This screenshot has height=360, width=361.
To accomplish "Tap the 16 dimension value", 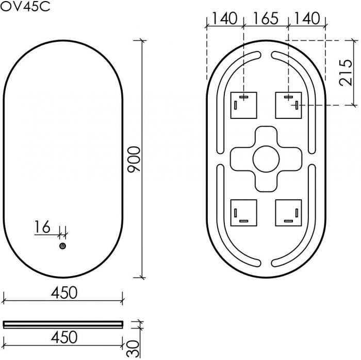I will click(x=43, y=227).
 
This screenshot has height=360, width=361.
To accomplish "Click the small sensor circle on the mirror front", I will click(x=62, y=247).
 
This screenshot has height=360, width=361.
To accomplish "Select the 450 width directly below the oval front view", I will click(x=63, y=293).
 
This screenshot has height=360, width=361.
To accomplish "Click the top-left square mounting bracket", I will click(x=243, y=105).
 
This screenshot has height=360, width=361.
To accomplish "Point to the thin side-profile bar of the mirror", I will click(x=63, y=324).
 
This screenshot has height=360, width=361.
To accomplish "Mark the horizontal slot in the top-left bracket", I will click(x=244, y=96).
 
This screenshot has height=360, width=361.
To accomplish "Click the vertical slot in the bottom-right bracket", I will click(x=297, y=212).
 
